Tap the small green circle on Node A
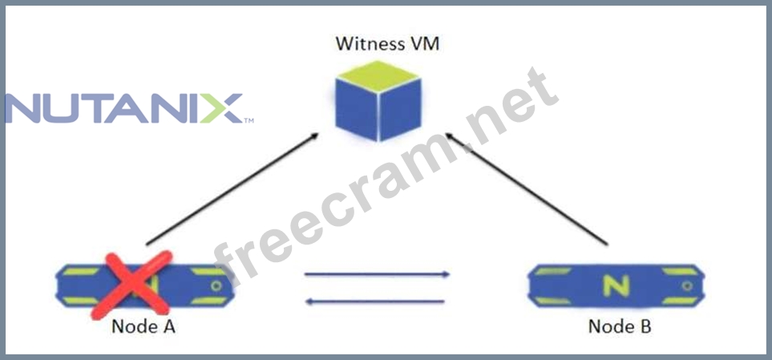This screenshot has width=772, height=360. click(x=216, y=285)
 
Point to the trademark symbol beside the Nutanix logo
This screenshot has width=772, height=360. click(x=249, y=121)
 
